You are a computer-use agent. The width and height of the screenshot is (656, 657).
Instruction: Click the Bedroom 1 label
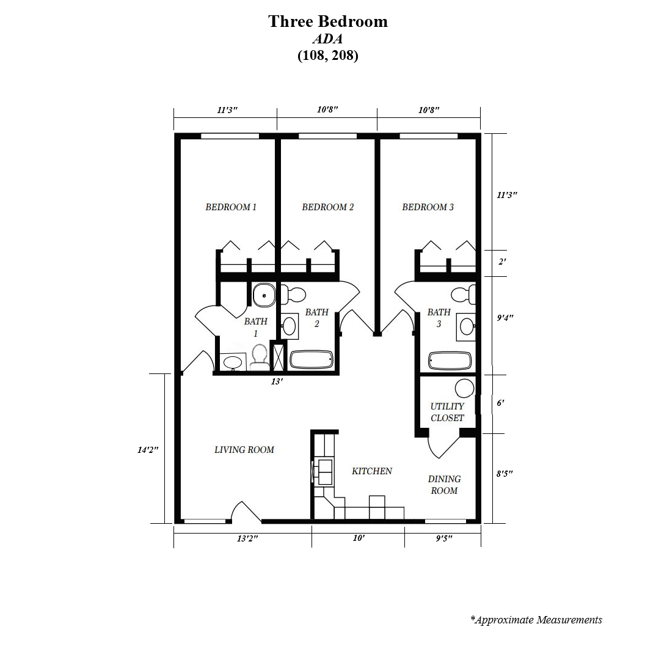(231, 207)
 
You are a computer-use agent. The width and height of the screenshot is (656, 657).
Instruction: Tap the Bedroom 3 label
(428, 207)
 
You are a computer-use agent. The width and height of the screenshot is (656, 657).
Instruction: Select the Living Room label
(244, 450)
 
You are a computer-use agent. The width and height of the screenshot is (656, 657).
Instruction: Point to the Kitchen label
(372, 471)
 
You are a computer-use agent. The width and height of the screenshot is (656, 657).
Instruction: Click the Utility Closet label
(447, 412)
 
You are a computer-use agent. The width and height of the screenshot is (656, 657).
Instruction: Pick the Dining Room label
(444, 485)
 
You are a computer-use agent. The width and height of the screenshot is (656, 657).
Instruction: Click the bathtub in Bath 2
(312, 360)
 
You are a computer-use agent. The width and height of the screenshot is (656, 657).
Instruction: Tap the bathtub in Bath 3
(450, 361)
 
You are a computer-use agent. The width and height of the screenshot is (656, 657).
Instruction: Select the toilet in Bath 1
(260, 358)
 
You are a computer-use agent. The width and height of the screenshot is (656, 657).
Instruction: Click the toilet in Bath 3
(463, 294)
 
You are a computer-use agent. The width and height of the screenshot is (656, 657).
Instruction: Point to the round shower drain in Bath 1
(264, 295)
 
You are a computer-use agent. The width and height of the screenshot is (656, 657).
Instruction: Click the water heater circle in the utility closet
(464, 389)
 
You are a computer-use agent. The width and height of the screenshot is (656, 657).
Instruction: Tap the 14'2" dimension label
(148, 450)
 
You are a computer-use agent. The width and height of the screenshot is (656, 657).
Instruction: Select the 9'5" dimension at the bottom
(443, 538)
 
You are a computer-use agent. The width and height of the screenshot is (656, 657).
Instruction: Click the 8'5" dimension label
(505, 474)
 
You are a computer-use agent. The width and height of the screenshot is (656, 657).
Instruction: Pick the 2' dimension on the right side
(502, 262)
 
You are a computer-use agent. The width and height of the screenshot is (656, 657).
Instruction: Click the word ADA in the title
(327, 39)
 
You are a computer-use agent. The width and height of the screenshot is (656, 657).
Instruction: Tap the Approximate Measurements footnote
(536, 620)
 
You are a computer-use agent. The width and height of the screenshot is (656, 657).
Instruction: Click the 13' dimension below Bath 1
(277, 382)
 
